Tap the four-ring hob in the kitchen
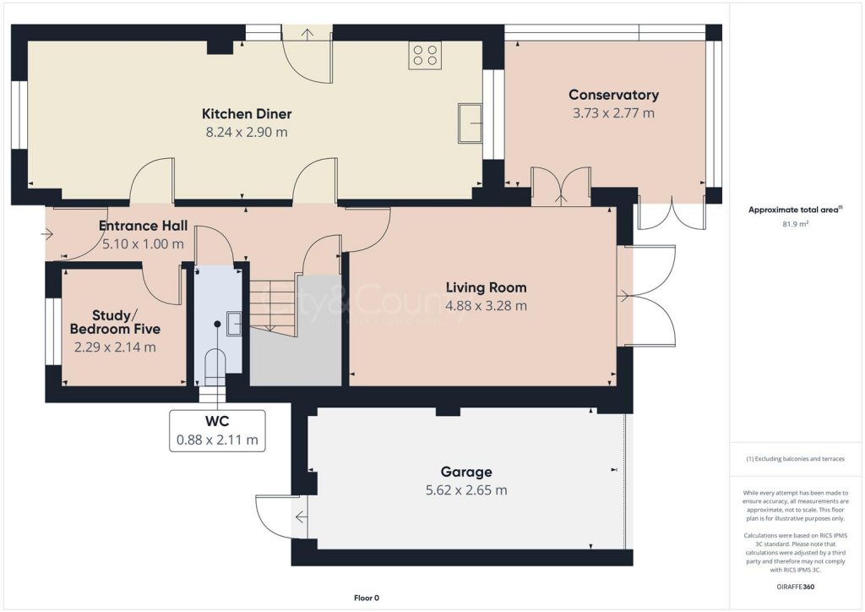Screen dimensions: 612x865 (425, 55)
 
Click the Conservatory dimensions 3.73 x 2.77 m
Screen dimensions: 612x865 (613, 113)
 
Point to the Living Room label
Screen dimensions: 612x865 (486, 287)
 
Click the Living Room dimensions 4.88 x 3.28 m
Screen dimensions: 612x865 (486, 306)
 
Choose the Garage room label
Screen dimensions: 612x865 (465, 472)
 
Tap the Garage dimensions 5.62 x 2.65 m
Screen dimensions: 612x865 (465, 490)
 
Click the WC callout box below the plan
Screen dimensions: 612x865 (217, 430)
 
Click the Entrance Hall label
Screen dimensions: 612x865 (143, 226)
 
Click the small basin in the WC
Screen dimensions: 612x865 (234, 323)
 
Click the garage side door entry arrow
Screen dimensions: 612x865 (300, 517)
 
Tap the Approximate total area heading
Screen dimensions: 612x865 (795, 210)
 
